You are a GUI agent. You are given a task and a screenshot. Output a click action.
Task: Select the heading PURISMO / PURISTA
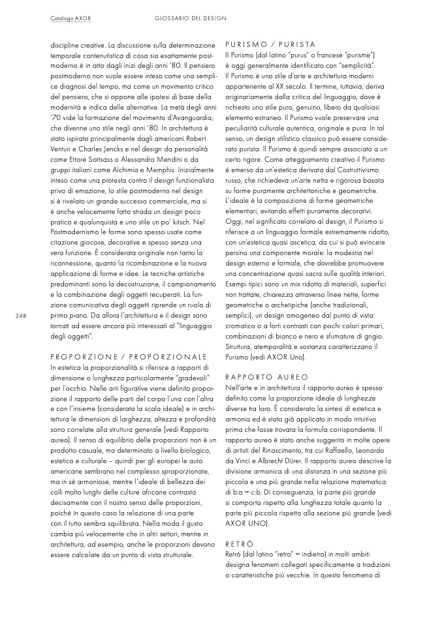click(270, 44)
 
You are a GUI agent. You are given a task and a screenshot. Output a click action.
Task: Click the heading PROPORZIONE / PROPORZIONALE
click(129, 357)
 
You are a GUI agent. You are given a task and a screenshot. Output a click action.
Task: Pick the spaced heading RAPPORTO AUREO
click(267, 377)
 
